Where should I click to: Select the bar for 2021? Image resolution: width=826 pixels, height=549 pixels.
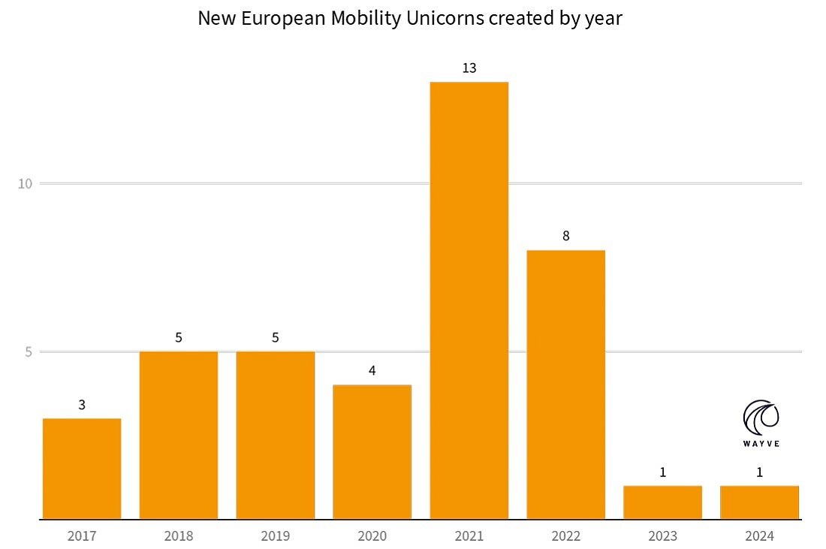pyautogui.click(x=469, y=300)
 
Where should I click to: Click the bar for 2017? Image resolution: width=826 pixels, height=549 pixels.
pyautogui.click(x=82, y=469)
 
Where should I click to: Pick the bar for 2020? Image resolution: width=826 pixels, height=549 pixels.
pyautogui.click(x=372, y=451)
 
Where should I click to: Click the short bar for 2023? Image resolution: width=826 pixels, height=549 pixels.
pyautogui.click(x=662, y=502)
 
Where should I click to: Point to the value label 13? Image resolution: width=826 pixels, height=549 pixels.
pyautogui.click(x=469, y=68)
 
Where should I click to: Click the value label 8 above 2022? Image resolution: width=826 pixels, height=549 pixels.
pyautogui.click(x=565, y=236)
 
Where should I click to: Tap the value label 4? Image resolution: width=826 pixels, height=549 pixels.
pyautogui.click(x=372, y=370)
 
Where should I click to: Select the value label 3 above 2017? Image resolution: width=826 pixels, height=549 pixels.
pyautogui.click(x=82, y=405)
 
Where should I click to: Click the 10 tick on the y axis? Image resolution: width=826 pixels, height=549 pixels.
pyautogui.click(x=26, y=184)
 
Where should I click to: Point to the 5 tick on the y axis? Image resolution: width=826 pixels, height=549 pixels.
pyautogui.click(x=28, y=352)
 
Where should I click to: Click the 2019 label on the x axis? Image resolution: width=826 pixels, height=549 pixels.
pyautogui.click(x=276, y=536)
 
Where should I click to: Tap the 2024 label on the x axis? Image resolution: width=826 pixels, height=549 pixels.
pyautogui.click(x=759, y=536)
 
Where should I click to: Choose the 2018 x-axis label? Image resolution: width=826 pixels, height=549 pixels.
pyautogui.click(x=179, y=536)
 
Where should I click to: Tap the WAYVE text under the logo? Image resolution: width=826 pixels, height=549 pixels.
pyautogui.click(x=761, y=444)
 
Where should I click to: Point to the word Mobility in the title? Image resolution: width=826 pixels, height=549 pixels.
pyautogui.click(x=363, y=18)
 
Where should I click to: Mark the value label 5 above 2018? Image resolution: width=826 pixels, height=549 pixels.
pyautogui.click(x=179, y=337)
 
